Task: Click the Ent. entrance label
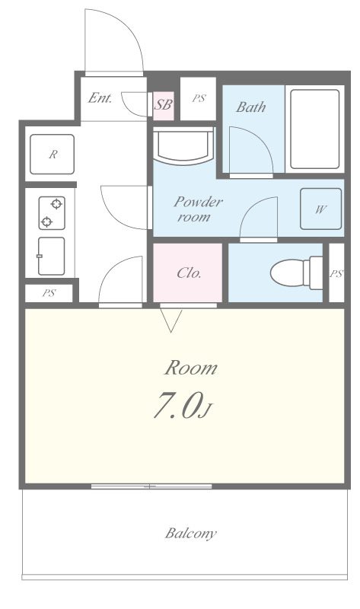[100, 98]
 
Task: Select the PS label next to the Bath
[199, 99]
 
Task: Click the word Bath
[251, 107]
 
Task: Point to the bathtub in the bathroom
[315, 129]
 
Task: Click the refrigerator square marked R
[52, 155]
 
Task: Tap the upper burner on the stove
[56, 203]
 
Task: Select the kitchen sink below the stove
[51, 256]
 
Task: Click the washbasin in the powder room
[183, 145]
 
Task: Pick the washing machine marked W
[320, 209]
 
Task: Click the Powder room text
[198, 209]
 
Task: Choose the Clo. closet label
[189, 273]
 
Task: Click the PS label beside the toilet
[336, 273]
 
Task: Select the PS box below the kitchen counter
[49, 293]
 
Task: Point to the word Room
[190, 368]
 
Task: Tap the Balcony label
[191, 534]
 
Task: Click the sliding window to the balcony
[151, 486]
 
